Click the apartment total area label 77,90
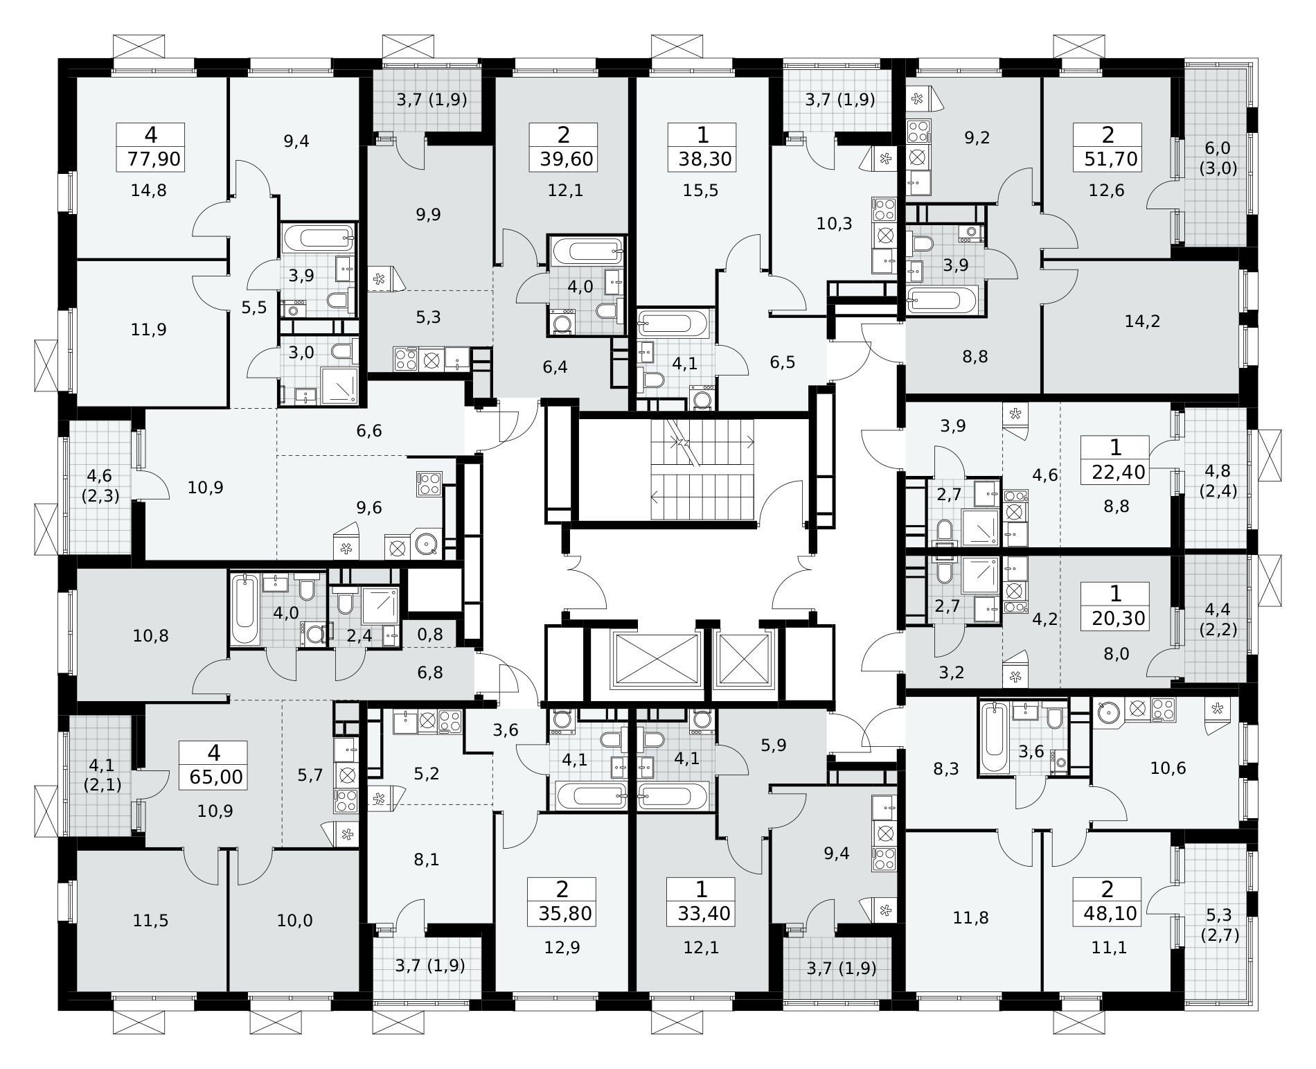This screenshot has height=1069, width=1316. point(154,160)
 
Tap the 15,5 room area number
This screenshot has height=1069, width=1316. point(703,190)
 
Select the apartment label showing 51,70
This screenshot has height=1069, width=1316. point(1112,160)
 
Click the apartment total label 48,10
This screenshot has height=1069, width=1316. point(1110,914)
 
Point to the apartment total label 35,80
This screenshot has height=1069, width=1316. point(564,914)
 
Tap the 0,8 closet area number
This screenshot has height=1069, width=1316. point(430,634)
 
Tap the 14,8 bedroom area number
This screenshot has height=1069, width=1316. point(149,190)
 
